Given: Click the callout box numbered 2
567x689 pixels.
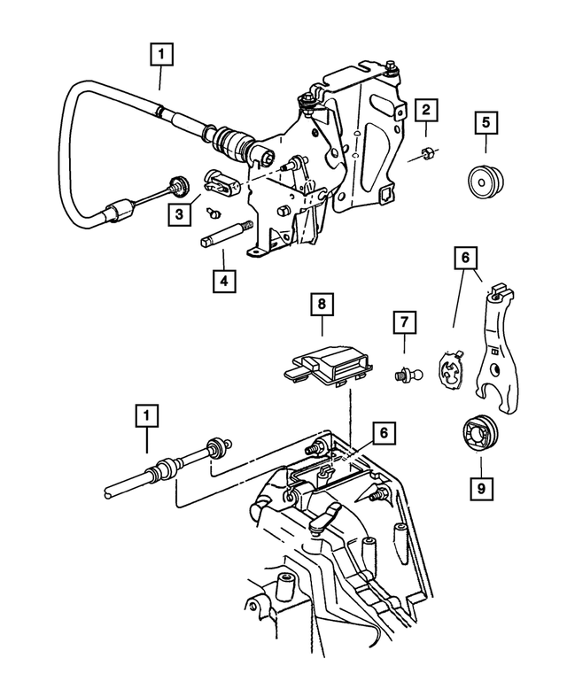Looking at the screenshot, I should (426, 111).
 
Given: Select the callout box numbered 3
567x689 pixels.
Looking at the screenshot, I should (180, 213).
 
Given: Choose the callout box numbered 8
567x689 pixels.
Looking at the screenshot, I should (321, 306).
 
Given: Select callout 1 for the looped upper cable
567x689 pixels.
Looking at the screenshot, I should (160, 55).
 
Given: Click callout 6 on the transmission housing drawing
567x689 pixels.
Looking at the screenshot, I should (383, 433).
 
